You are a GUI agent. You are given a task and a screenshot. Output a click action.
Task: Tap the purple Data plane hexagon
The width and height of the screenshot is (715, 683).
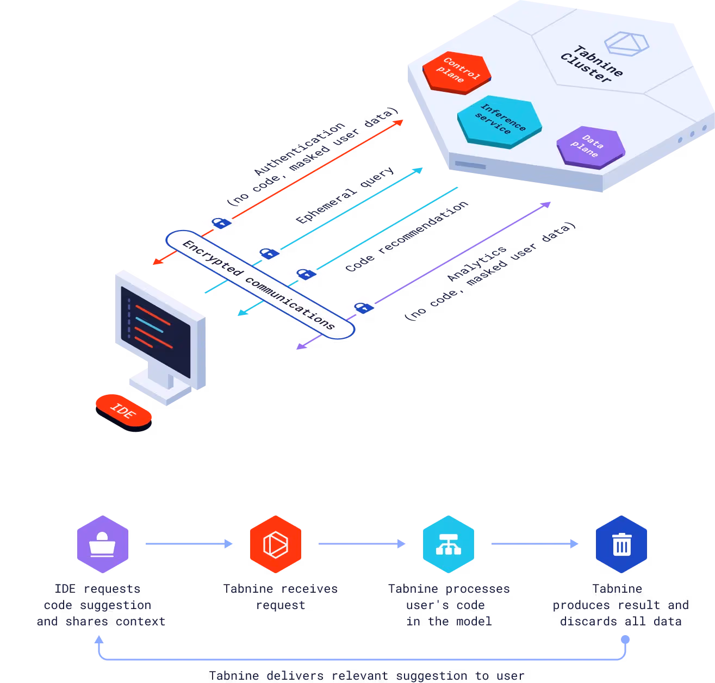(x=590, y=147)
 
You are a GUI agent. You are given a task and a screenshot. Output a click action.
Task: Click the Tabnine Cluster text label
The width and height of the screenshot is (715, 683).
(x=592, y=64)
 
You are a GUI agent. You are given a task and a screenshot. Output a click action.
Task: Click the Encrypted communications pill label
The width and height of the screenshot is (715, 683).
(x=259, y=284)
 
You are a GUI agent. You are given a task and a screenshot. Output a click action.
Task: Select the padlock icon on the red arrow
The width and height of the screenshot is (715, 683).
(x=221, y=222)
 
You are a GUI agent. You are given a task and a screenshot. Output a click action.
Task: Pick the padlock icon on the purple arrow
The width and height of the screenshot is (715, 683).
(x=363, y=307)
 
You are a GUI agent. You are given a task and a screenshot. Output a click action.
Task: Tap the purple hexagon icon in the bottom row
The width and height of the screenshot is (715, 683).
(x=102, y=544)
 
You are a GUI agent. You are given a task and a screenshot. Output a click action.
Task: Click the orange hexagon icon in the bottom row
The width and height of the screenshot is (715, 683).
(x=275, y=544)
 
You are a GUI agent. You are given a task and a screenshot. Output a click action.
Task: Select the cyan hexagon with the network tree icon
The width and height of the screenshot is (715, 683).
(x=448, y=544)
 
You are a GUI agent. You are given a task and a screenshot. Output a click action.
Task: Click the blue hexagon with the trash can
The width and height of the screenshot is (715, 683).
(x=621, y=544)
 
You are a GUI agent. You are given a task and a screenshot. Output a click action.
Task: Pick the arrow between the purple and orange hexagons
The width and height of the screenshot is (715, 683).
(x=188, y=543)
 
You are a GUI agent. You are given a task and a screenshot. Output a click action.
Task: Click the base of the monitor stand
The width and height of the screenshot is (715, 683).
(x=159, y=389)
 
